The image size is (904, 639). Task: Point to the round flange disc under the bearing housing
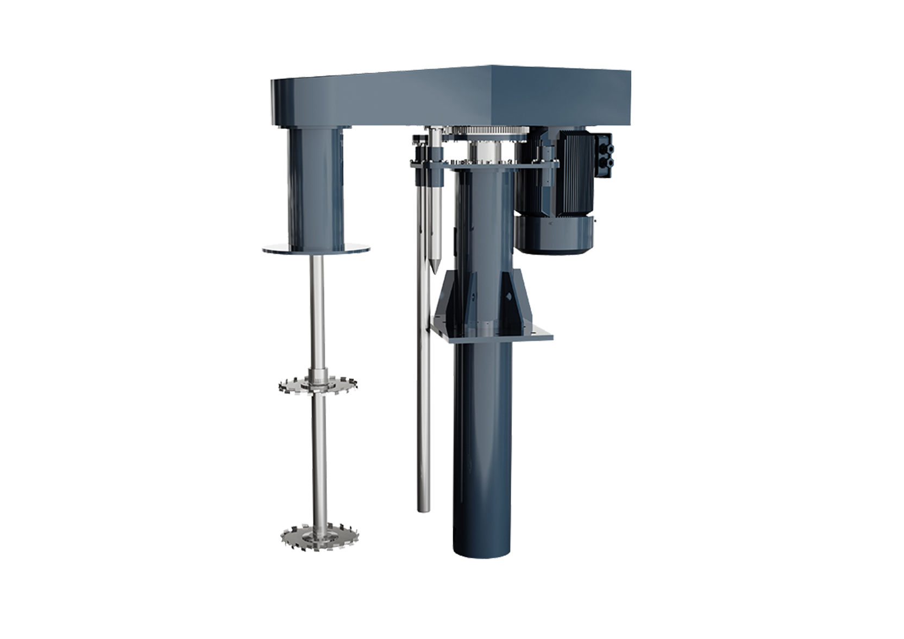pos(316,250)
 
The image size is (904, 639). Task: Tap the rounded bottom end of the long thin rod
pos(424,508)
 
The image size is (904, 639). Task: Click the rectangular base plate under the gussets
pos(489,332)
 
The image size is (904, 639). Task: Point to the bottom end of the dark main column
pos(482,549)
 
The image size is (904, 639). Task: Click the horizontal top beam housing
pos(451,95)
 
